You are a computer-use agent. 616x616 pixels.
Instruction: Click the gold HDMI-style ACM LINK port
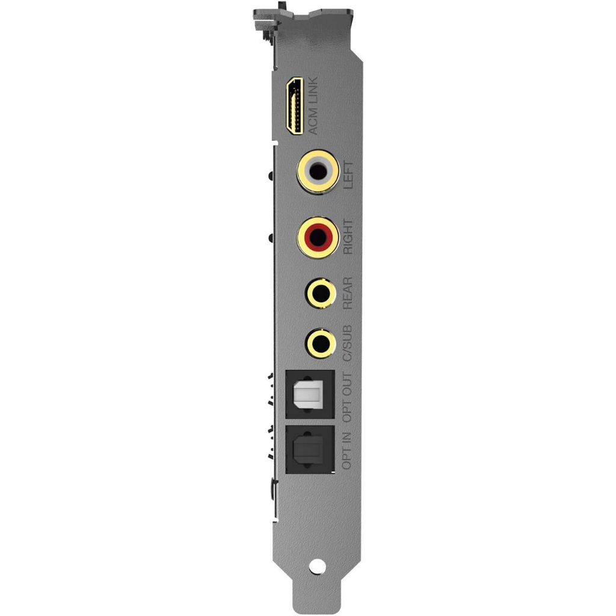[294, 106]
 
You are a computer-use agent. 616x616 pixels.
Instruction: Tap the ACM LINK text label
[313, 106]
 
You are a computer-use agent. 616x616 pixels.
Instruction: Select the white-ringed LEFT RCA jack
[318, 171]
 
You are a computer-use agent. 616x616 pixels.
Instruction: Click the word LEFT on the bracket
[348, 175]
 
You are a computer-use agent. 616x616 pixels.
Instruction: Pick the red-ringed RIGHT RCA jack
[318, 237]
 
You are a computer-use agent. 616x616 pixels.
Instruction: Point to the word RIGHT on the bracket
[348, 236]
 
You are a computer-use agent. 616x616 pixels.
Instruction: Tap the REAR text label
[348, 293]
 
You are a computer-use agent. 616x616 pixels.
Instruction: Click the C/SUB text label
[348, 343]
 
